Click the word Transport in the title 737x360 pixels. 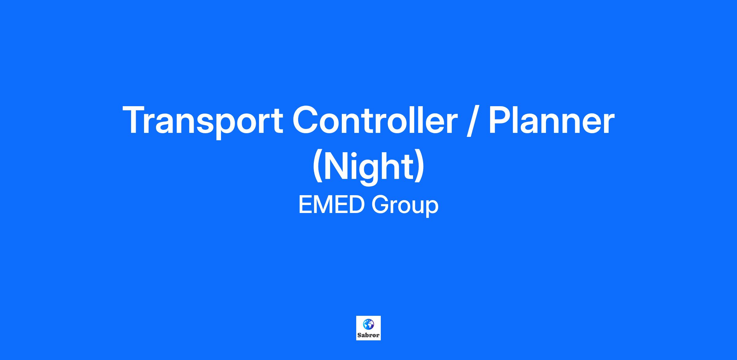(x=203, y=121)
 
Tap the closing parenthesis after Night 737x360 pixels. (x=420, y=167)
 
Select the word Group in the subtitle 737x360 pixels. (x=405, y=206)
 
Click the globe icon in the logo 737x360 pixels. (x=368, y=324)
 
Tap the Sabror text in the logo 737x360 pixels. (x=368, y=335)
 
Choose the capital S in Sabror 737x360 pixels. (x=359, y=335)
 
